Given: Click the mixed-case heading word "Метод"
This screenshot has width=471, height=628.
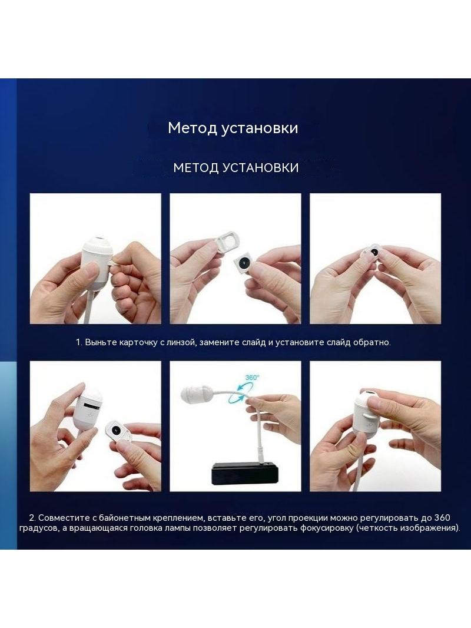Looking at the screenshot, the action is click(193, 128).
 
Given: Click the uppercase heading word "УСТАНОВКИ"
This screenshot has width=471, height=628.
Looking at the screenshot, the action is click(260, 167).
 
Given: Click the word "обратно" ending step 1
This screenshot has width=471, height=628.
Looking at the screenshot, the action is click(372, 342).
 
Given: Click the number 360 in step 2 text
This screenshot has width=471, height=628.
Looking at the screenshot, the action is click(442, 518).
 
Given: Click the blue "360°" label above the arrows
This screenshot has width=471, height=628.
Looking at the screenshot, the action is click(252, 377).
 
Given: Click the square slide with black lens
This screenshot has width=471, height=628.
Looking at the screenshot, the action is click(243, 263).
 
